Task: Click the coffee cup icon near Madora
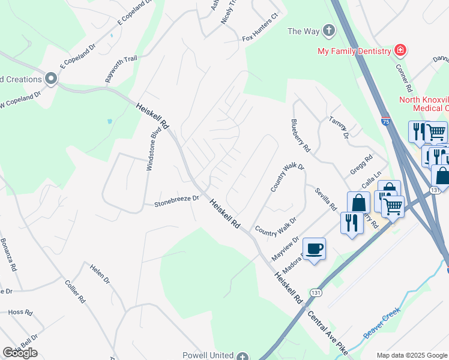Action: point(314,248)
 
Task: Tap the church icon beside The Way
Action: point(328,31)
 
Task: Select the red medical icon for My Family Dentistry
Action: point(400,50)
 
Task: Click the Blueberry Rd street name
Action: point(300,135)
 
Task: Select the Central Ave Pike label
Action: point(328,332)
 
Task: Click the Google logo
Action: point(20,352)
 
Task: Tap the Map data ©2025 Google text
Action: point(412,355)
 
